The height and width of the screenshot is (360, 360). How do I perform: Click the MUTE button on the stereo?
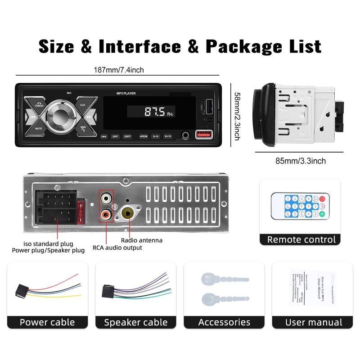tap(39, 128)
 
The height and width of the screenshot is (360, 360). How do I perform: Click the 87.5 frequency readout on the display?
tap(154, 112)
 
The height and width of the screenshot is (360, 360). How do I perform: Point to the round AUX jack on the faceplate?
tap(185, 135)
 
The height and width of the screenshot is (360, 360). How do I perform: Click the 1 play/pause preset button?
tap(103, 135)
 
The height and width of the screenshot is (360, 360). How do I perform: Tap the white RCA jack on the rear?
tap(106, 197)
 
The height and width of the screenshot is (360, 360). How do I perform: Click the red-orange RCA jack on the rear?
tap(106, 215)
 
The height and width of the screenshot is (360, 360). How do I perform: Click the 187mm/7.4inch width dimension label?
tap(119, 70)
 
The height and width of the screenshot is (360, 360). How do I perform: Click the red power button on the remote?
tap(322, 199)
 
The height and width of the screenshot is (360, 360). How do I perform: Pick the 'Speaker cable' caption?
tap(135, 322)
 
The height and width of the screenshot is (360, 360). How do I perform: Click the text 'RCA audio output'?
tap(117, 247)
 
